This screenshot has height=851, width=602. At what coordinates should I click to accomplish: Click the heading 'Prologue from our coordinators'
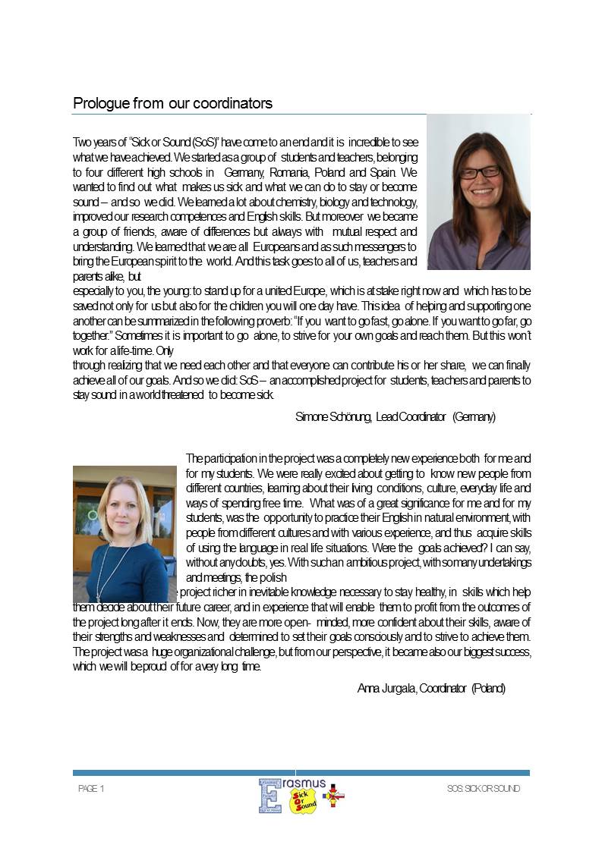click(172, 102)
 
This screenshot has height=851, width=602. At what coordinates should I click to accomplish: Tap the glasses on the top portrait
click(480, 172)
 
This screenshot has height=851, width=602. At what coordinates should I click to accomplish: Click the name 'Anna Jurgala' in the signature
click(386, 688)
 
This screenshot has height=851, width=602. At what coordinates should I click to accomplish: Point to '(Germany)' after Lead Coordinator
click(474, 416)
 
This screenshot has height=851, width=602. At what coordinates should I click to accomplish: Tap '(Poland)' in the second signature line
click(488, 688)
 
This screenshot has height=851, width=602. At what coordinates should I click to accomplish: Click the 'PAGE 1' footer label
click(91, 789)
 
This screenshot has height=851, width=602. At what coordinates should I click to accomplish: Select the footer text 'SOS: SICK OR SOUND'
click(484, 789)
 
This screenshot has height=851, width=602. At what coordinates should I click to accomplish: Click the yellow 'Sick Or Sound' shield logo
click(304, 800)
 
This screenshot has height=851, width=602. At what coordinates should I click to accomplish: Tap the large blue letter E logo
click(269, 795)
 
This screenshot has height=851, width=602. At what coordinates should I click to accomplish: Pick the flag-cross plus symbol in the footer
click(333, 796)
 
